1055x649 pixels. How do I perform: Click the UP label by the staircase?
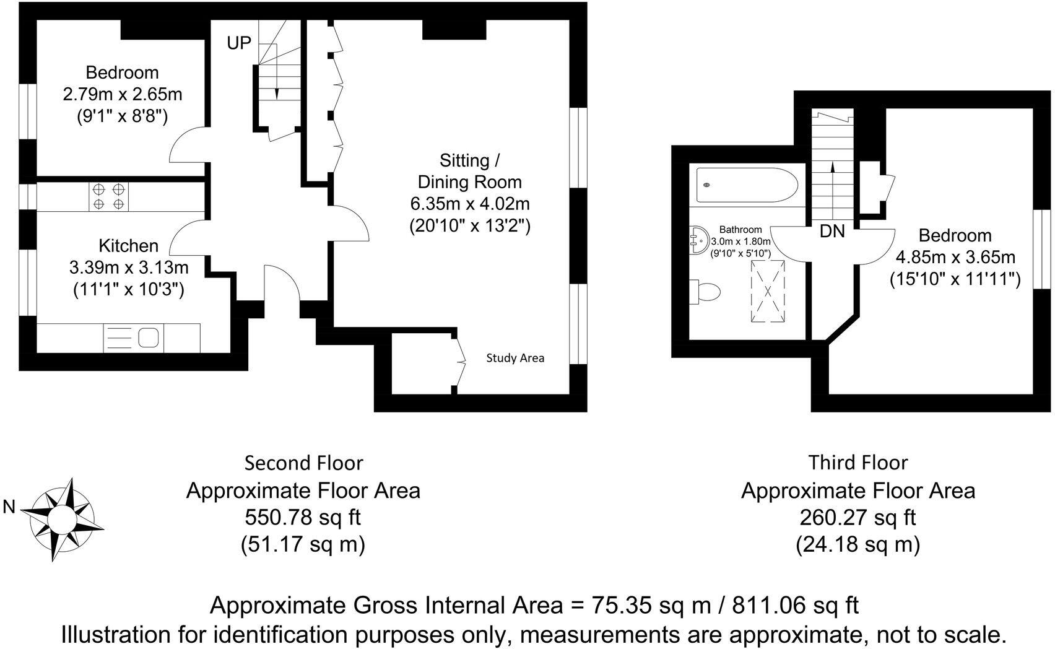[x=239, y=43]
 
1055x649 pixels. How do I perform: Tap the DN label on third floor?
[x=832, y=232]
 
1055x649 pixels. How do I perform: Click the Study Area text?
[x=515, y=358]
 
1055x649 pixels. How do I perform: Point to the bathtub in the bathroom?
[x=747, y=184]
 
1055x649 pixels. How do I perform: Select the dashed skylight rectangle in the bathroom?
[x=768, y=290]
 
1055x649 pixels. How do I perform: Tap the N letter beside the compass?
[x=9, y=507]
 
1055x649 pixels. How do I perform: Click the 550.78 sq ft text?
[x=303, y=516]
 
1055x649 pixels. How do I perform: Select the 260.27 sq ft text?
[x=858, y=516]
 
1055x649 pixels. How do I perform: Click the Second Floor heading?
[x=303, y=463]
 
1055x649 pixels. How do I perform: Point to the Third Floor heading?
[x=858, y=463]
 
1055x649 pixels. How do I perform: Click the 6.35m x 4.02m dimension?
[x=470, y=204]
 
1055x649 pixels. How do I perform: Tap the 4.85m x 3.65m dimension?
[x=955, y=256]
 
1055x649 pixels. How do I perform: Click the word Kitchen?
[x=129, y=246]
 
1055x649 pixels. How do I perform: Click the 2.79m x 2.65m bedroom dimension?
[x=123, y=95]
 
